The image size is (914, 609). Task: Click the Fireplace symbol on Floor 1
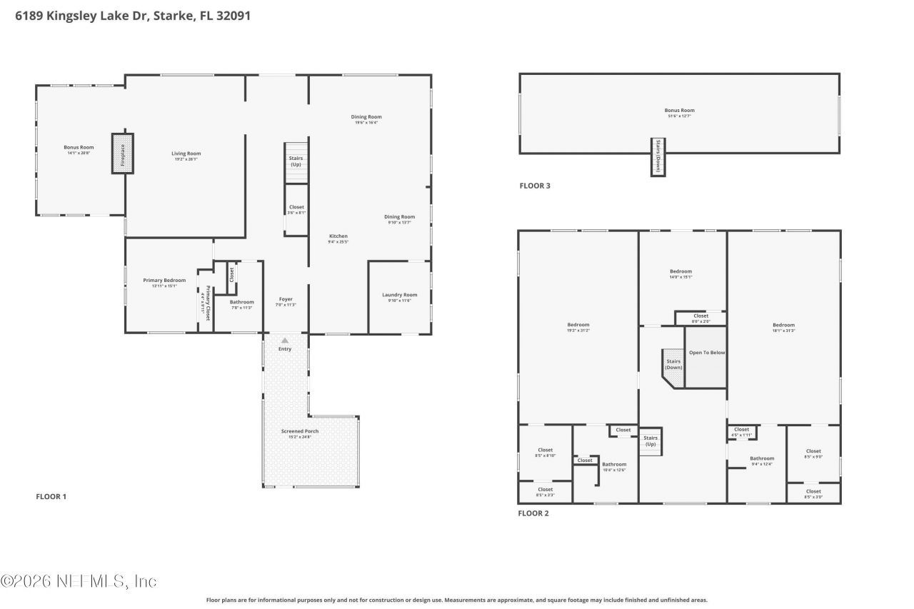point(122,153)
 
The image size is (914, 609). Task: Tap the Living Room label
point(186,153)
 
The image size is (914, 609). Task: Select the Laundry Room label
point(400,295)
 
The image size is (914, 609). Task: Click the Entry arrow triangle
point(285,341)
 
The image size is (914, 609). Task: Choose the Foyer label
point(286,300)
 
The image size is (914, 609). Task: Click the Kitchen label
point(338,236)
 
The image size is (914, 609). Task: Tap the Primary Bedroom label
point(169,281)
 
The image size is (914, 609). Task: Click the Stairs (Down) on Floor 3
point(658,156)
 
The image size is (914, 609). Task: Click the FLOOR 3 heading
point(535,186)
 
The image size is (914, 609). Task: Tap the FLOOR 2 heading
point(533,513)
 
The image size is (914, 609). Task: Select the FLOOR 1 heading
point(51,496)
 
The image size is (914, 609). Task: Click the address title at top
point(133,16)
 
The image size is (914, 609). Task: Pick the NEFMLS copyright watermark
point(79,581)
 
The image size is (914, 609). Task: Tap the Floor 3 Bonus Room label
point(679,111)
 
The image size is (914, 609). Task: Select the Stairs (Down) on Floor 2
point(673,365)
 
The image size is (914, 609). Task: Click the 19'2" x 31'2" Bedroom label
point(578,325)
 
